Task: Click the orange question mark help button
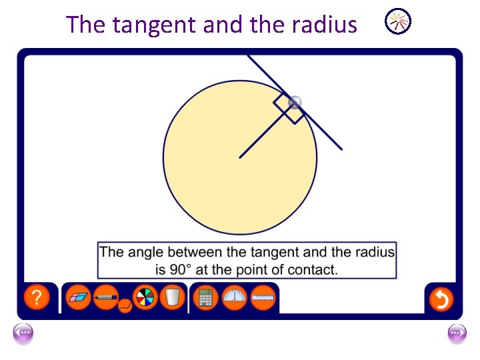point(37,297)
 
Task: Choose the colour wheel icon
point(145,297)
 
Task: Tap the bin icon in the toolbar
point(173,297)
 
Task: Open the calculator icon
point(206,297)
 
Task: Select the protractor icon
point(235,297)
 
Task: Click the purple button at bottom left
point(23,333)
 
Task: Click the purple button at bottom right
point(457,333)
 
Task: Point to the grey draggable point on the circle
point(295,102)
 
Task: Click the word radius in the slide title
point(324,25)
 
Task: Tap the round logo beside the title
point(399,22)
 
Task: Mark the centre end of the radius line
point(240,157)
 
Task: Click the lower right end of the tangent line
point(341,149)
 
